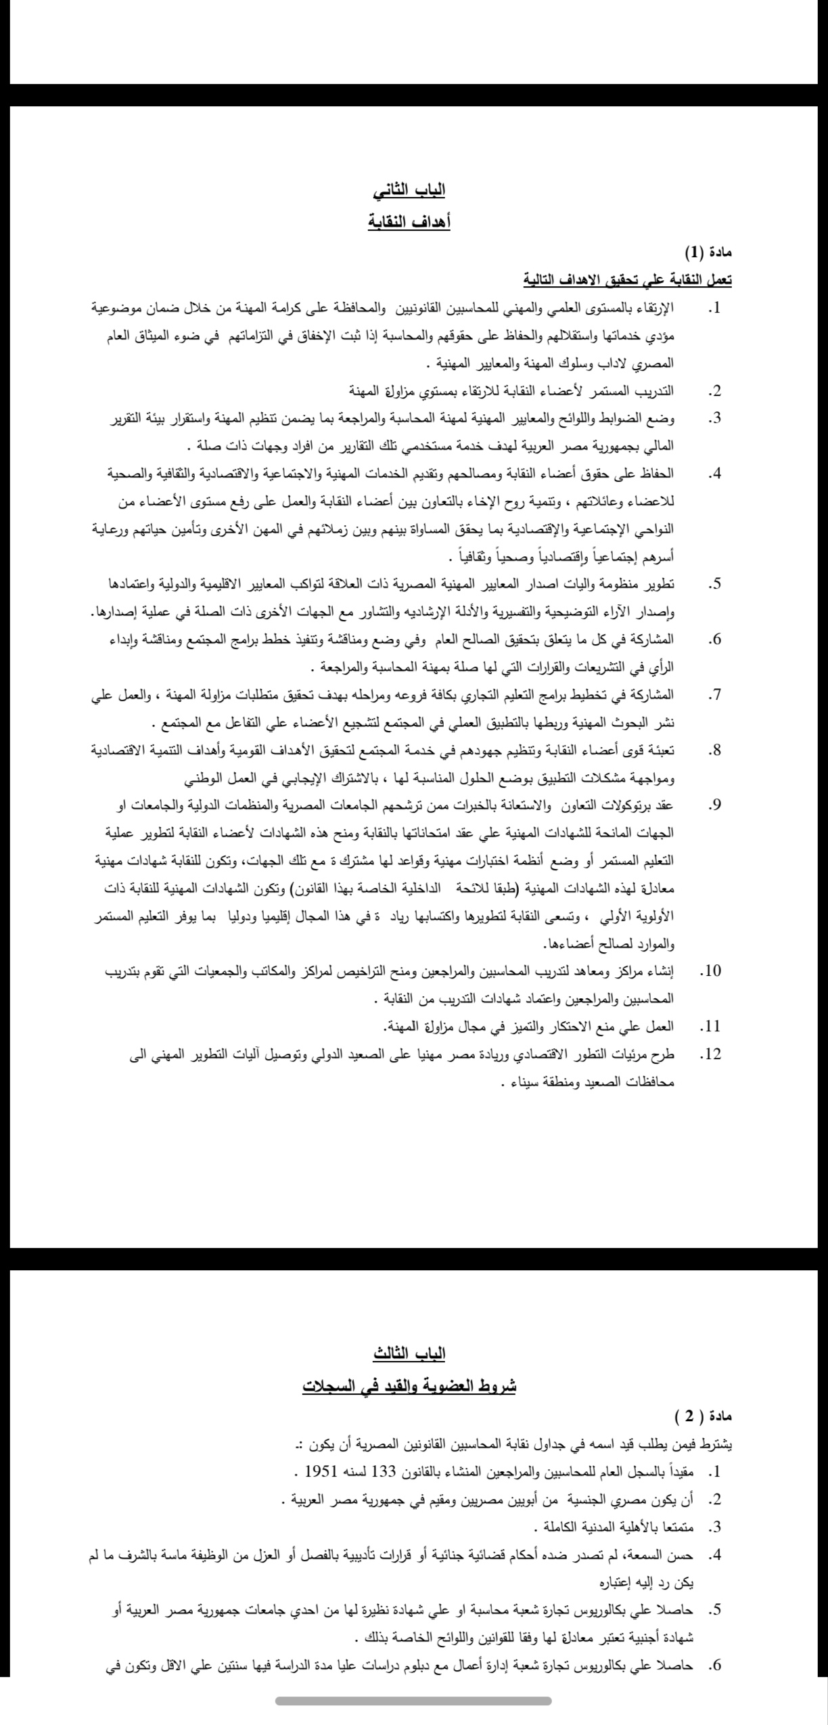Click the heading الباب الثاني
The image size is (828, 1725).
point(409,190)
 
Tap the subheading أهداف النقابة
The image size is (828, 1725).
point(409,221)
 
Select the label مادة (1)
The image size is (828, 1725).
point(708,252)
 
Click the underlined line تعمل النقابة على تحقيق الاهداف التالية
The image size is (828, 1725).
point(627,279)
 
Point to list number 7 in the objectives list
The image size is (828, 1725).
point(714,695)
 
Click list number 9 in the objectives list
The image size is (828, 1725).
point(714,805)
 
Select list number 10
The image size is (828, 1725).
point(710,971)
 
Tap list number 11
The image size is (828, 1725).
point(710,1027)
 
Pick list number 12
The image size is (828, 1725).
point(710,1054)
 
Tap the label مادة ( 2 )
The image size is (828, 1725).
point(704,1416)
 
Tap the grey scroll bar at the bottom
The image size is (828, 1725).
point(413,1701)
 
